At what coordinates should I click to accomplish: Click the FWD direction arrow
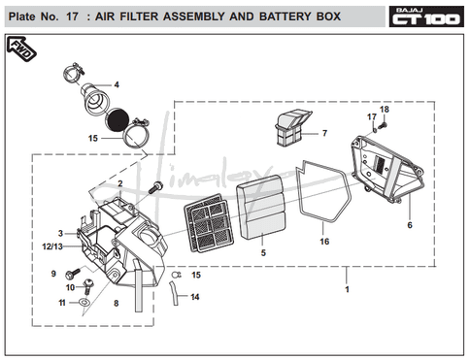(21, 49)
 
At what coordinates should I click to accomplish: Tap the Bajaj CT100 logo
(426, 16)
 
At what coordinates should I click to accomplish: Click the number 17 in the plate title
(72, 16)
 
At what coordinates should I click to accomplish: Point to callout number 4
(117, 84)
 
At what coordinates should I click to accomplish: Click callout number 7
(324, 133)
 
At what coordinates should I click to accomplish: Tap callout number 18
(385, 110)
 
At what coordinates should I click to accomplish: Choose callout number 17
(372, 116)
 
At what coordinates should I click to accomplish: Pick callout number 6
(410, 225)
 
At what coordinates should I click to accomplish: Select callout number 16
(324, 242)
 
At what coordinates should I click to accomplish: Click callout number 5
(263, 252)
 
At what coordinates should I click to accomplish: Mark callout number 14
(195, 297)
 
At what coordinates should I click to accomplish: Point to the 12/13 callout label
(52, 246)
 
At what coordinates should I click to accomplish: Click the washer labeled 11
(84, 303)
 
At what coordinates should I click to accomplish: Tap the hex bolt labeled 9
(73, 274)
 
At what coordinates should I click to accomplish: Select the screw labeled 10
(87, 286)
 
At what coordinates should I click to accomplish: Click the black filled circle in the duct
(117, 119)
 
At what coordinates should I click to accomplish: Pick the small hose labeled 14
(174, 293)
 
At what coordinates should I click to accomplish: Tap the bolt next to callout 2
(155, 187)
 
